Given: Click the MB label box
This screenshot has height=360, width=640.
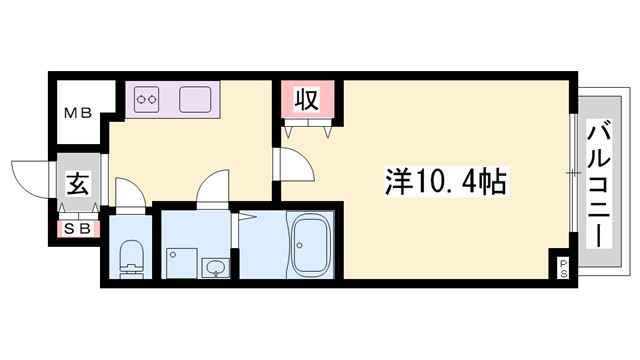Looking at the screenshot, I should (78, 113).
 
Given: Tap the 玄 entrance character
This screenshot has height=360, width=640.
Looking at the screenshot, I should (78, 183).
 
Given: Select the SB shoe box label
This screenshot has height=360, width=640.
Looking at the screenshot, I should (77, 228).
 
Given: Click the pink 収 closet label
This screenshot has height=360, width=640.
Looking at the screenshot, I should (307, 100).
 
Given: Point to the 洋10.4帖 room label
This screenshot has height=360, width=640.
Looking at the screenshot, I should (445, 183).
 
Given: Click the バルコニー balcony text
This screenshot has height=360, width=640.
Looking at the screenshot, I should (599, 184).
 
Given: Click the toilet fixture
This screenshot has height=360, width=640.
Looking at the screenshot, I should (131, 260).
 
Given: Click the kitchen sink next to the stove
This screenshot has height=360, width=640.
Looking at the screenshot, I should (195, 99).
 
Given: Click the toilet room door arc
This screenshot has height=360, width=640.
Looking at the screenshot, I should (129, 191).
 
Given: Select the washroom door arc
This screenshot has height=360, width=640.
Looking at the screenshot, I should (212, 188).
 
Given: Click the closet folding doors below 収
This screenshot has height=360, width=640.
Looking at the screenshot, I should (306, 129).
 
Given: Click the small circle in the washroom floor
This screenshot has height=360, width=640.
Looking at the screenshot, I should (171, 255).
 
